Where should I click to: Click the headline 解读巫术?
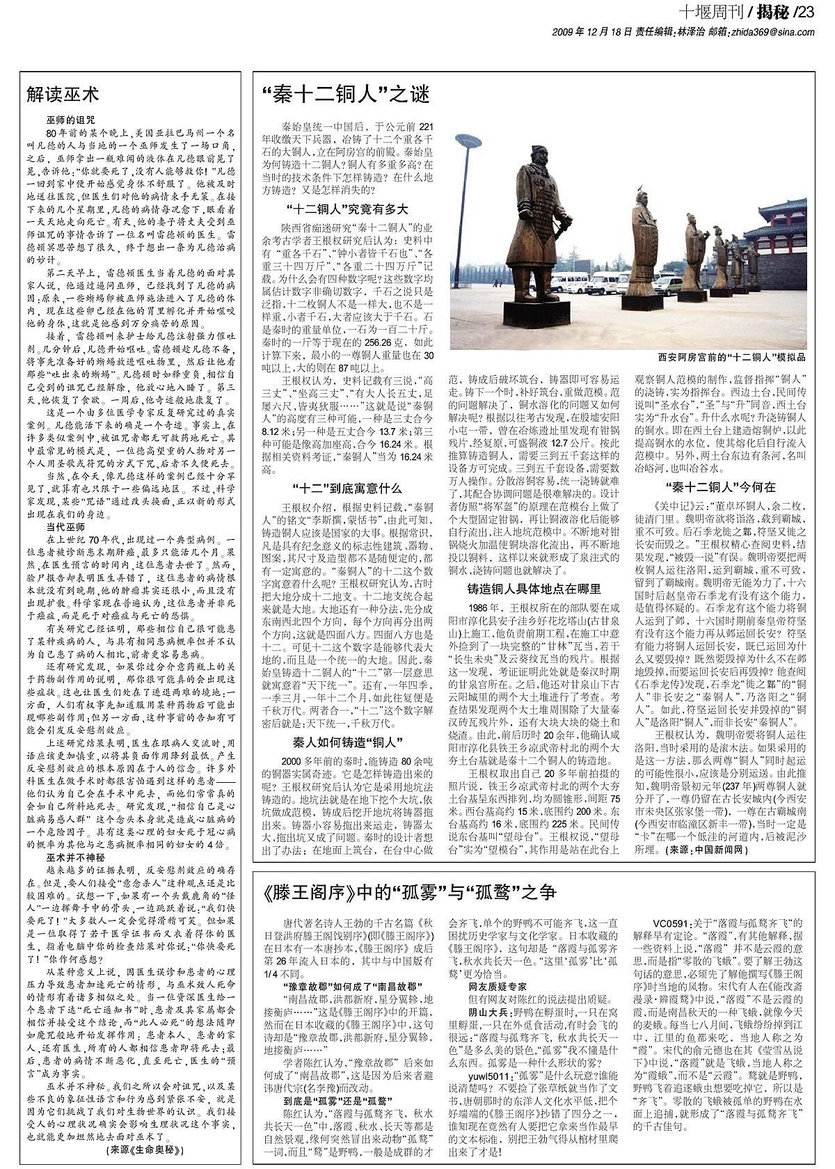tap(63, 94)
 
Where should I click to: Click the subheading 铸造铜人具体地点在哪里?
tap(534, 589)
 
